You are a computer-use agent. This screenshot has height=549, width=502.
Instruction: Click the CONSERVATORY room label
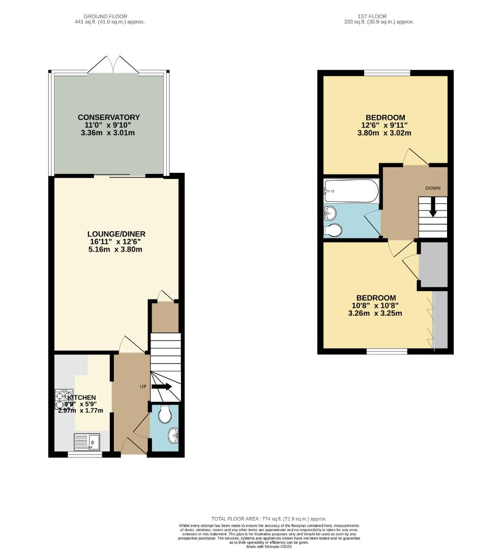click(x=109, y=117)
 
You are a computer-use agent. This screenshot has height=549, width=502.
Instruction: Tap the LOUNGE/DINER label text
click(x=116, y=234)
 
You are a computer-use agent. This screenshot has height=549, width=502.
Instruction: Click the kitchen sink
click(x=87, y=442)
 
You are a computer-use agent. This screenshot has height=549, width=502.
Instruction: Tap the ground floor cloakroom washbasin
click(x=173, y=435)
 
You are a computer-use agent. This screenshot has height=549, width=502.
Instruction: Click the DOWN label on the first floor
click(x=433, y=188)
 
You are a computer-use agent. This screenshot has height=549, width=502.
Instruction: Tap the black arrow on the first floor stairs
click(x=433, y=208)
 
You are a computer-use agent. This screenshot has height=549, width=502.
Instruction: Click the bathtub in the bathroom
click(x=351, y=191)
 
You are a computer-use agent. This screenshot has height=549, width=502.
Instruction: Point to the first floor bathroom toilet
click(x=333, y=230)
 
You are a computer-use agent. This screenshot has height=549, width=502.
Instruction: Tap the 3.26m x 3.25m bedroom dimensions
click(x=375, y=313)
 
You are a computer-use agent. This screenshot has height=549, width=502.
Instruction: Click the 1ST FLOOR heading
click(x=379, y=16)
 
